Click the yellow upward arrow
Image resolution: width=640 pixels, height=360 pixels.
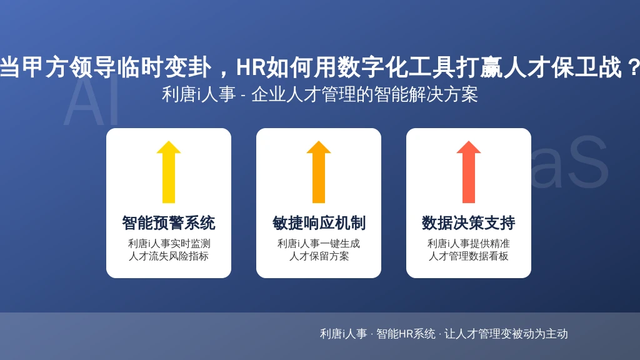click(169, 172)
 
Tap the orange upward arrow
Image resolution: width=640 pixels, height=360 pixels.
click(319, 172)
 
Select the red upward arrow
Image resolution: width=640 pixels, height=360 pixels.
click(469, 172)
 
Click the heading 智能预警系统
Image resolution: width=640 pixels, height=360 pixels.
click(169, 223)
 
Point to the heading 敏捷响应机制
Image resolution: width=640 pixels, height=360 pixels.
click(319, 223)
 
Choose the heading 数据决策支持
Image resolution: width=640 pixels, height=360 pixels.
click(469, 223)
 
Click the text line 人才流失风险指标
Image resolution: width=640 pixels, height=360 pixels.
click(169, 256)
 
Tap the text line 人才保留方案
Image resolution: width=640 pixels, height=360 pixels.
click(319, 256)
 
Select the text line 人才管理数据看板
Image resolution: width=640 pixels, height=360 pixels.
click(469, 256)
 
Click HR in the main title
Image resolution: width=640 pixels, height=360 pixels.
click(251, 67)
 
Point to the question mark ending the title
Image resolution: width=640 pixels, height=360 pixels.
click(633, 67)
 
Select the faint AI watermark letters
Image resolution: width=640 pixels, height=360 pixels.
click(91, 102)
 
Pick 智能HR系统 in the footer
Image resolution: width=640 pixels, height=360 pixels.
click(406, 334)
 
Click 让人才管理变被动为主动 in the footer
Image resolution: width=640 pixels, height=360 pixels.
click(506, 334)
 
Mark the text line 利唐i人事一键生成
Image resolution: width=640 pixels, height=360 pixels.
click(319, 244)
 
